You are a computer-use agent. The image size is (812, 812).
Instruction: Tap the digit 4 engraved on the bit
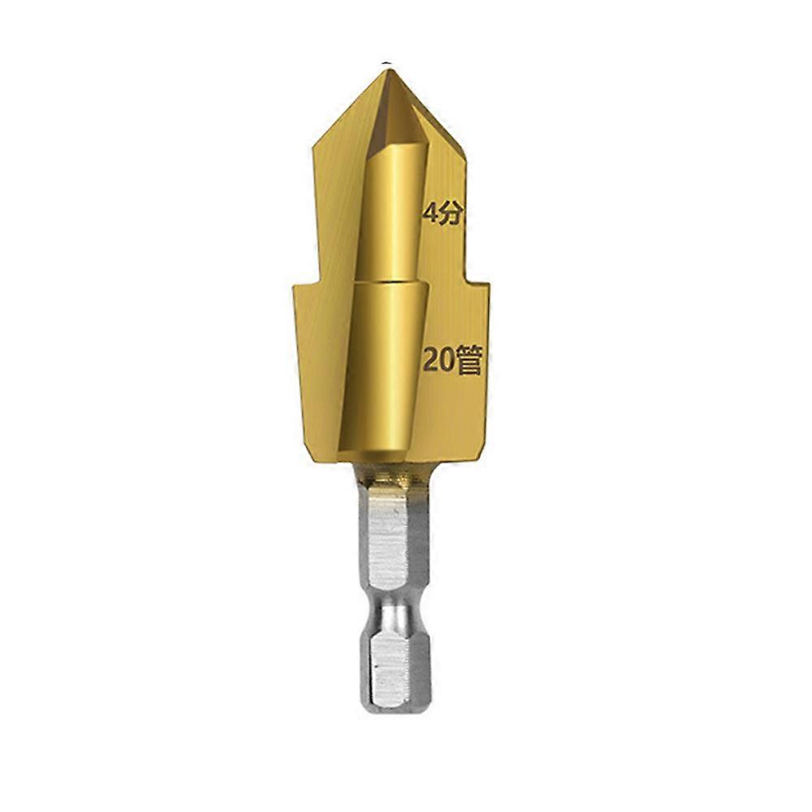coord(430,213)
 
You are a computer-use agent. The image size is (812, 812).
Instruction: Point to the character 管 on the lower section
coord(469,360)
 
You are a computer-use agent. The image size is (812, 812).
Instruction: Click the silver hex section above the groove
coord(394,538)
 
